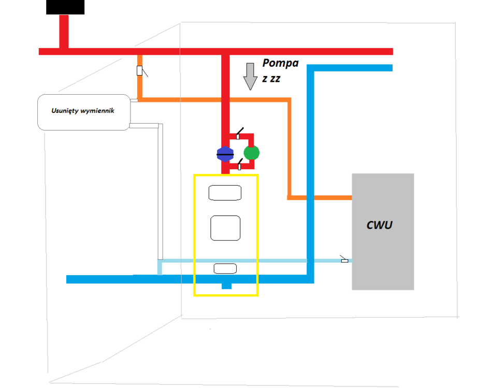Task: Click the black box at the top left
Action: click(65, 7)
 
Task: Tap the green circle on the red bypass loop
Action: click(251, 152)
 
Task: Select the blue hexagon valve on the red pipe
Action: click(225, 154)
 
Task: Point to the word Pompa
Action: click(280, 64)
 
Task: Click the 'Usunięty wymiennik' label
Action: click(83, 111)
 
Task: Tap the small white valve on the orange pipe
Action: click(140, 71)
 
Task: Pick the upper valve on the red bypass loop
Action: click(238, 136)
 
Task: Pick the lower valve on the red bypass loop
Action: click(239, 167)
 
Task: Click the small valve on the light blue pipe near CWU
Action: click(344, 260)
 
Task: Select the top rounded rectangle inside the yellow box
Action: click(225, 192)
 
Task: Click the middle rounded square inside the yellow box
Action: click(225, 228)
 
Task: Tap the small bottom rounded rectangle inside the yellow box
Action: click(225, 268)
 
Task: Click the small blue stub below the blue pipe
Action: click(226, 286)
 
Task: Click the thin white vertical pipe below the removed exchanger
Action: click(160, 191)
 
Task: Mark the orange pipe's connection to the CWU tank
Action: click(350, 197)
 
